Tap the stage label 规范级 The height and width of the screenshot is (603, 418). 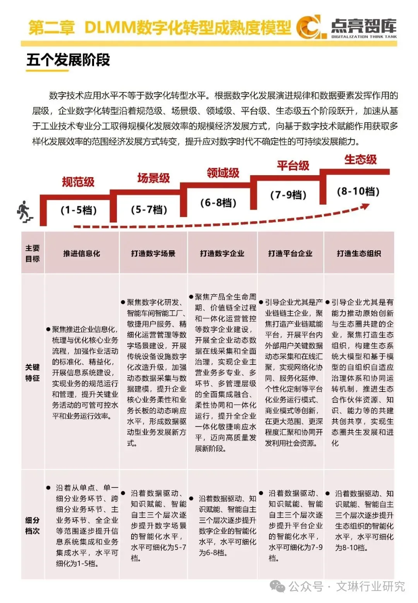[x=78, y=182]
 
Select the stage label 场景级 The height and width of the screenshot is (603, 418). [x=154, y=178]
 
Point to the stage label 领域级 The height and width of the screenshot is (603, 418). [x=223, y=173]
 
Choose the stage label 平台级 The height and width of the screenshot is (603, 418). [x=293, y=166]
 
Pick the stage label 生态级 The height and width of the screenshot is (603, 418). [x=360, y=159]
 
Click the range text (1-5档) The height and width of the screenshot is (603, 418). [x=79, y=210]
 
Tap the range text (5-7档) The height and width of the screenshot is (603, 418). [x=149, y=210]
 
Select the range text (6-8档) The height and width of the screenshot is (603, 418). [x=218, y=203]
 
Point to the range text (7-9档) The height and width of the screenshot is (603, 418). [x=288, y=195]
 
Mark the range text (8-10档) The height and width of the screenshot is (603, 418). [x=358, y=191]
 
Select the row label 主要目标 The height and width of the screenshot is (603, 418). [x=33, y=253]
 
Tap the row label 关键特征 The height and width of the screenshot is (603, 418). [x=33, y=372]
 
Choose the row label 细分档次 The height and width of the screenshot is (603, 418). [x=33, y=525]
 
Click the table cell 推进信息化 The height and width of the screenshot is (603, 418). [x=82, y=253]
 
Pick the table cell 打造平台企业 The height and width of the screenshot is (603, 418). [x=290, y=253]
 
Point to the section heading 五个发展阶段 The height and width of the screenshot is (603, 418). [x=68, y=60]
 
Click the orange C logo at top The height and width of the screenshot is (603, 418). [x=308, y=27]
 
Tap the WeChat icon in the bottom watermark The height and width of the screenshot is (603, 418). [x=278, y=586]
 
